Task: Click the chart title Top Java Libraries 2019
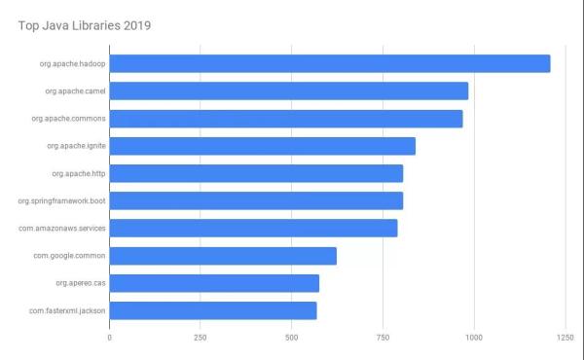pos(86,23)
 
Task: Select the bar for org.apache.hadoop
pos(330,63)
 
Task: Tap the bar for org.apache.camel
pos(289,90)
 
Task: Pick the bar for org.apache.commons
pos(286,119)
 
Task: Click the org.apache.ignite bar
pos(263,146)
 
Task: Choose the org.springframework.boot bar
pos(256,200)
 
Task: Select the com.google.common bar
pos(223,256)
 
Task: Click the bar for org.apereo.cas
pos(214,283)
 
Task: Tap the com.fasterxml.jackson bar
pos(213,310)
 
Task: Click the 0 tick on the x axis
pos(109,338)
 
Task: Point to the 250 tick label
pos(200,338)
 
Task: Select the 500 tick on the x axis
pos(291,338)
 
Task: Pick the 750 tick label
pos(383,338)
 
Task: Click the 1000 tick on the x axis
pos(474,338)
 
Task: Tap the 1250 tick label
pos(565,338)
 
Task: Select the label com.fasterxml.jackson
pos(67,310)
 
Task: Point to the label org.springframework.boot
pos(61,200)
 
